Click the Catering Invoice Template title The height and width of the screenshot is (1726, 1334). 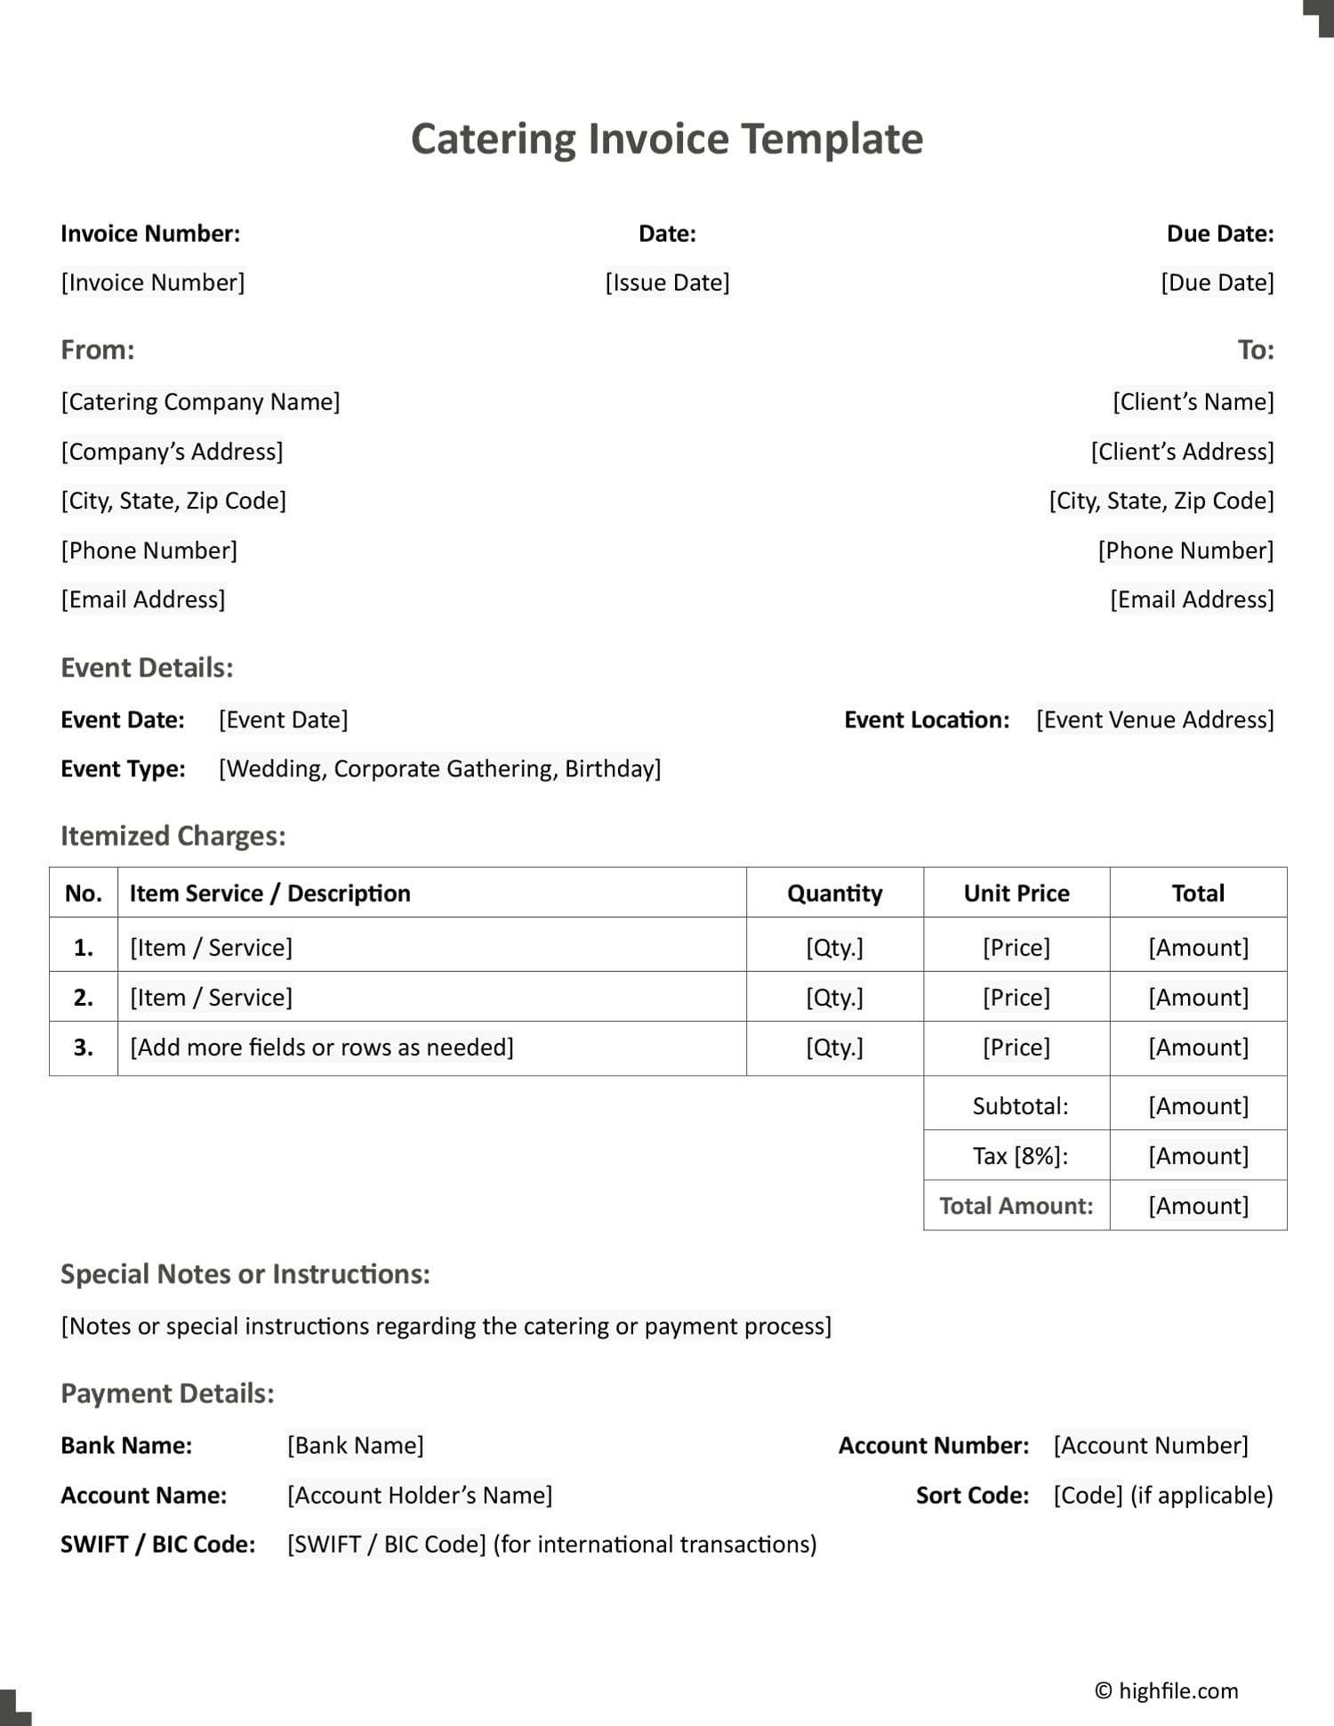[x=667, y=140]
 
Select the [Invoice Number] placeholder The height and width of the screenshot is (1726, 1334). [x=153, y=283]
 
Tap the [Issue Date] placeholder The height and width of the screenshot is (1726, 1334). [x=667, y=283]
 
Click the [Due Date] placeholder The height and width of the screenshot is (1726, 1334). [x=1217, y=283]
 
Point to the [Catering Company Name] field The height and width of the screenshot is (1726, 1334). [x=200, y=402]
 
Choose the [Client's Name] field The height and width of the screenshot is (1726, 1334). [x=1193, y=402]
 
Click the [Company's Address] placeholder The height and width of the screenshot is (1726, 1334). [x=172, y=452]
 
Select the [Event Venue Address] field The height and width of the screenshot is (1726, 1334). [x=1154, y=719]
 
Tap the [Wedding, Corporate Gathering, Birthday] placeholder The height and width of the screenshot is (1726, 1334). [x=440, y=768]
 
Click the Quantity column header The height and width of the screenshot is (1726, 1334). [x=834, y=893]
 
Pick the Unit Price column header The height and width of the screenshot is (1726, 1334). [x=1017, y=893]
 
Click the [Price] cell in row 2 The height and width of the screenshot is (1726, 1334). [x=1017, y=998]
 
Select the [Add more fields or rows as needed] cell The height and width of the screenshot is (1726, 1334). [x=322, y=1048]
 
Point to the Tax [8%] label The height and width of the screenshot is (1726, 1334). [x=1020, y=1156]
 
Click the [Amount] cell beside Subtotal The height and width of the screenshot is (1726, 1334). [x=1198, y=1106]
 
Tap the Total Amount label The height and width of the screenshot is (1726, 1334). [x=1016, y=1206]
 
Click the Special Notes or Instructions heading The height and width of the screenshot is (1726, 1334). [x=245, y=1274]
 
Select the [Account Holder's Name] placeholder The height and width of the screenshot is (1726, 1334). [x=420, y=1496]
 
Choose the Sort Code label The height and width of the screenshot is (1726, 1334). [x=972, y=1496]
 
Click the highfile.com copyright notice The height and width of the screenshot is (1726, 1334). [x=1166, y=1690]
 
